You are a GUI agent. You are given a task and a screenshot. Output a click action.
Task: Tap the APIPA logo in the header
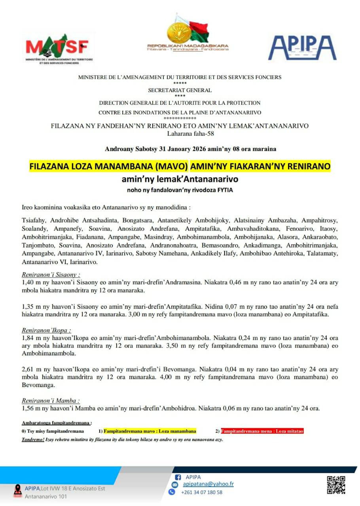click(x=302, y=47)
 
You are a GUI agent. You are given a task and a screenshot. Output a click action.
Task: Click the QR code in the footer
click(x=336, y=485)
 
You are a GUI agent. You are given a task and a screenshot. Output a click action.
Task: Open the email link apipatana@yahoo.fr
click(x=208, y=484)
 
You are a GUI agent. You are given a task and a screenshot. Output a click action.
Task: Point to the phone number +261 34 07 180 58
click(x=201, y=492)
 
